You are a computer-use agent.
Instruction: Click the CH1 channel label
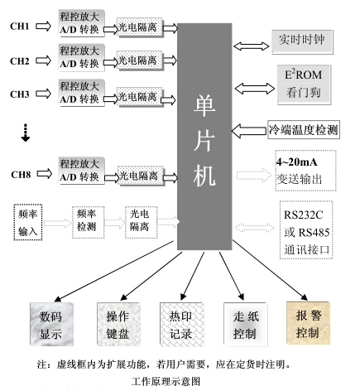19,27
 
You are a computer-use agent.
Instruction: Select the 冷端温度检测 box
303,129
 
